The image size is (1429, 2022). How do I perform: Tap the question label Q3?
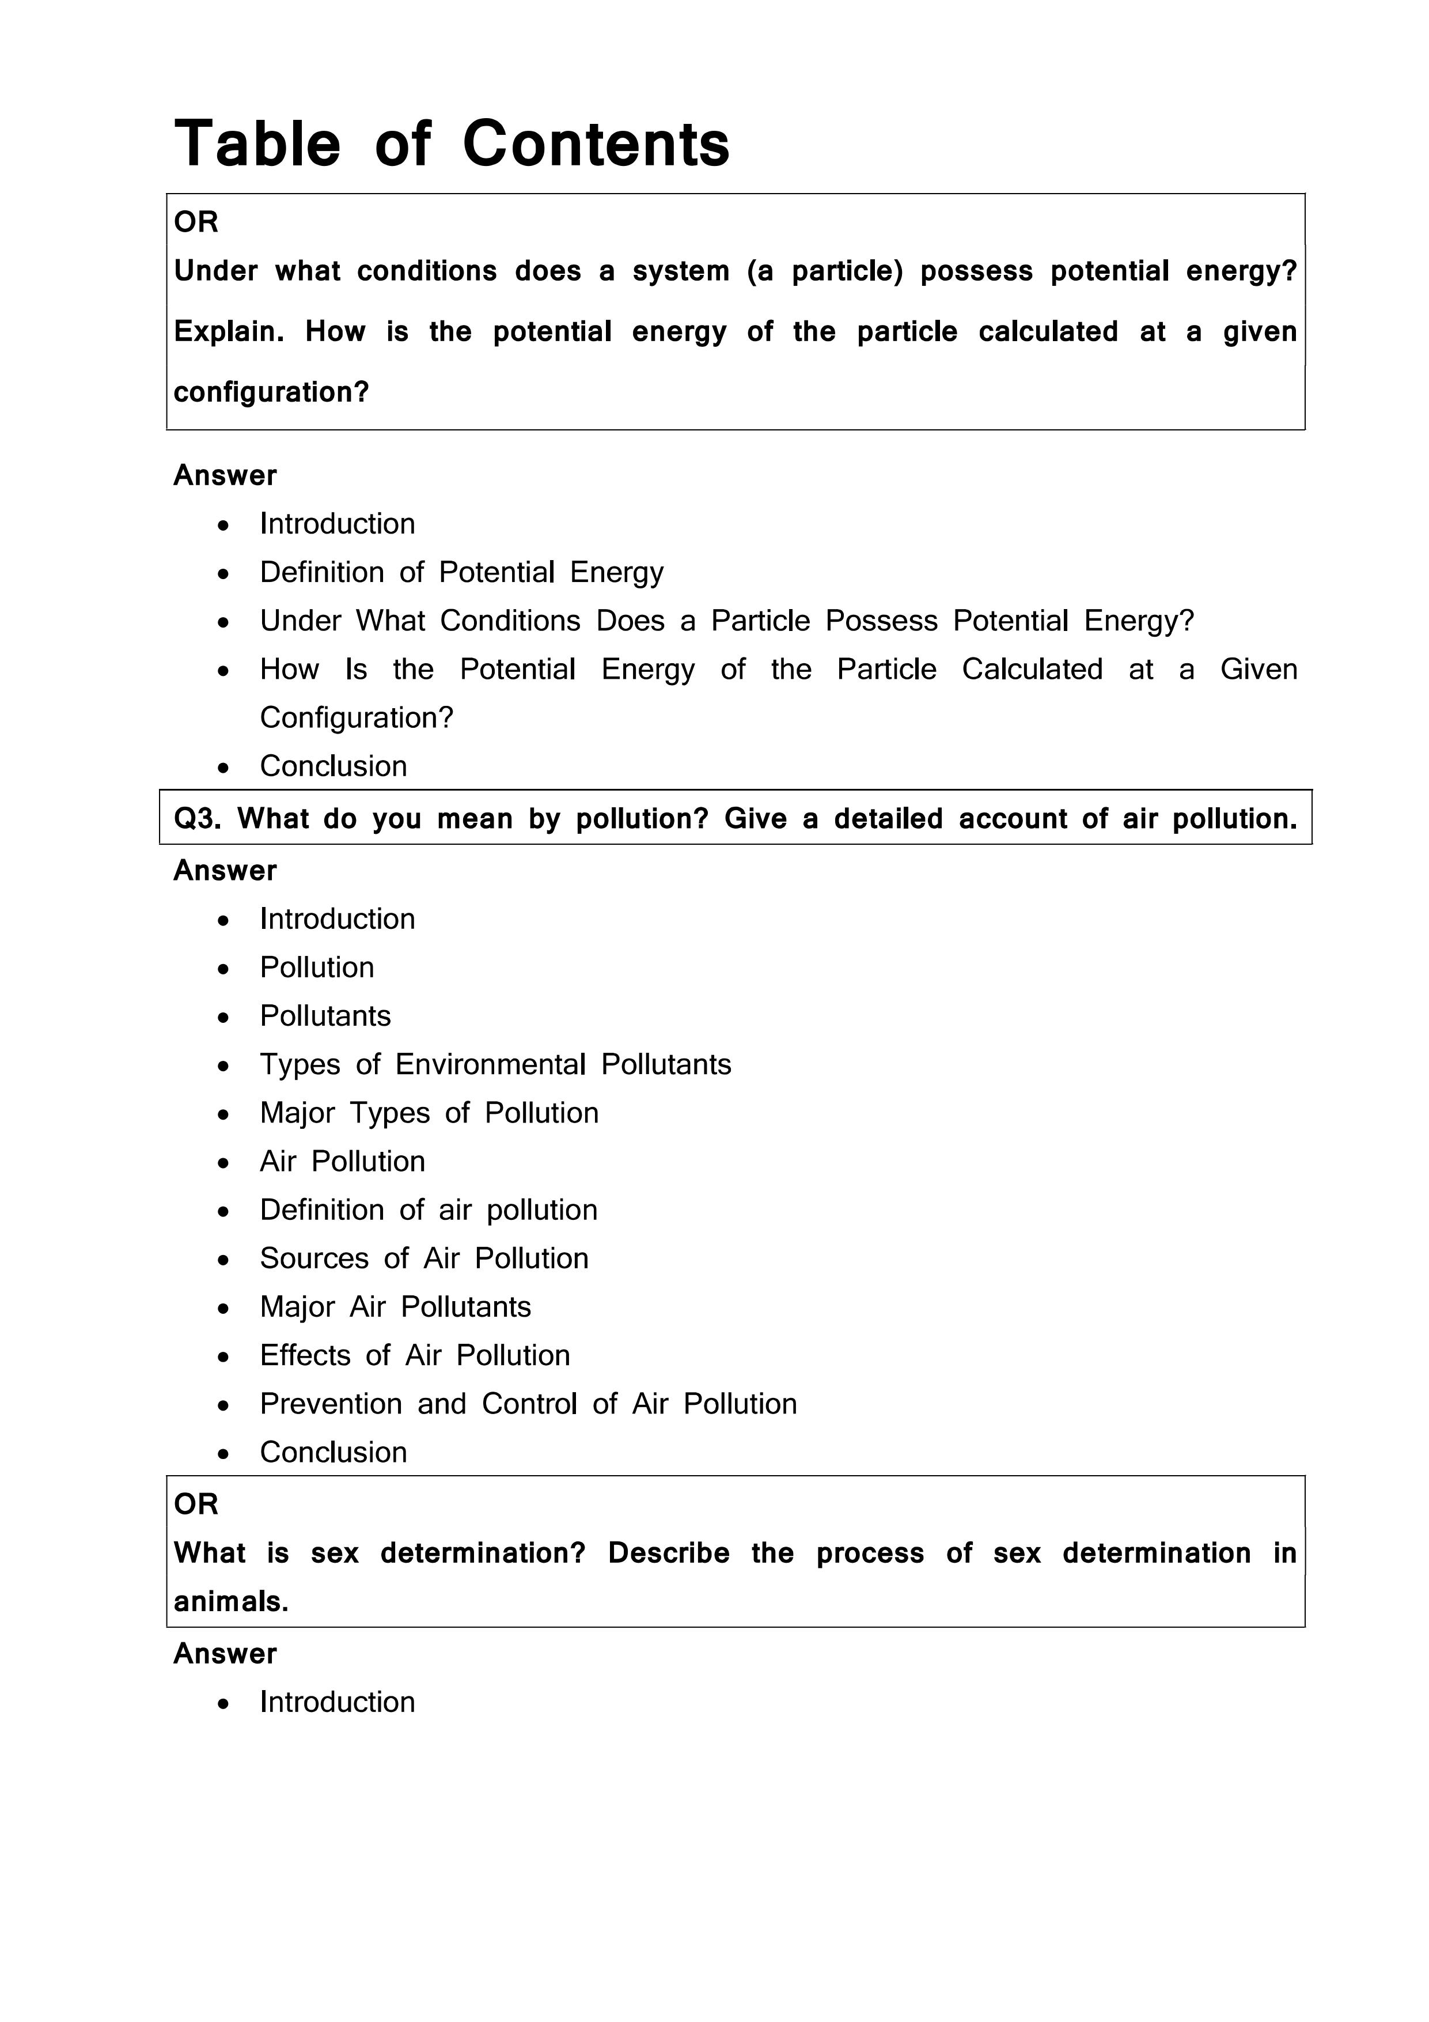click(197, 819)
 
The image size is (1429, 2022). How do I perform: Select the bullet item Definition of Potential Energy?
click(461, 572)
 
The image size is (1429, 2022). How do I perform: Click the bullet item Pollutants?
click(325, 1016)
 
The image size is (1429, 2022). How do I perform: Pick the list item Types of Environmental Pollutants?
click(495, 1065)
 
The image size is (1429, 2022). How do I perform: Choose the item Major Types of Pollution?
click(429, 1113)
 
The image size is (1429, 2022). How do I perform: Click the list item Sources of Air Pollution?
click(423, 1258)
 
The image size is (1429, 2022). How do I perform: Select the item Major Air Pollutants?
click(395, 1307)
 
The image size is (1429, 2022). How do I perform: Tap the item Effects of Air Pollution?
click(415, 1355)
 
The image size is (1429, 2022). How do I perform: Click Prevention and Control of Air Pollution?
click(528, 1404)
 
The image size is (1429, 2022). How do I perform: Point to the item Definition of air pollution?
click(428, 1210)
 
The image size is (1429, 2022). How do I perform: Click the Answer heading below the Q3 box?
click(225, 871)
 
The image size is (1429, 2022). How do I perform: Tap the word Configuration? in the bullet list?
click(356, 718)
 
